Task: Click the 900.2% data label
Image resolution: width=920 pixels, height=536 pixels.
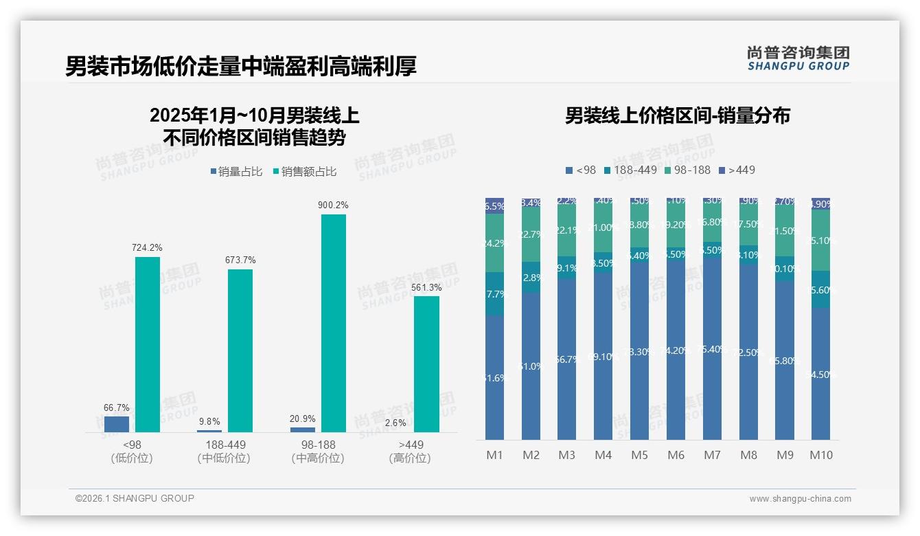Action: [x=333, y=205]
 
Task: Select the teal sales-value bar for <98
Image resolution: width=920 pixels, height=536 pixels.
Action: [x=147, y=344]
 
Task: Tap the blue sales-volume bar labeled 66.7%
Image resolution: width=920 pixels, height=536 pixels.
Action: [x=117, y=424]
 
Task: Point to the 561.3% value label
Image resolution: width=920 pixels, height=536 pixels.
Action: [x=426, y=287]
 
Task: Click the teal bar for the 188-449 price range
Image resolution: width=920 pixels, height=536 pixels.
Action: [x=240, y=350]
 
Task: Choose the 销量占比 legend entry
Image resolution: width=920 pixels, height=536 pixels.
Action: [x=236, y=172]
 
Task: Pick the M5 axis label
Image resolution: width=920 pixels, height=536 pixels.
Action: [x=639, y=455]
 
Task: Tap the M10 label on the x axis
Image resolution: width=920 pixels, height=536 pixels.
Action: [x=820, y=455]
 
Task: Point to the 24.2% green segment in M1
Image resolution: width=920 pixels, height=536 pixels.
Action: [x=494, y=243]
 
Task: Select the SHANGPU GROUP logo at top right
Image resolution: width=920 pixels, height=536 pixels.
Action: [x=798, y=58]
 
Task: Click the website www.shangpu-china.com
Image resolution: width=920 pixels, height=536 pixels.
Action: [x=800, y=499]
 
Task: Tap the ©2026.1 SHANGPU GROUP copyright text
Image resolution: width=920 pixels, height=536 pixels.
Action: [x=135, y=498]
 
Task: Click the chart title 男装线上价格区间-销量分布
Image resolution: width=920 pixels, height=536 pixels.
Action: [x=677, y=115]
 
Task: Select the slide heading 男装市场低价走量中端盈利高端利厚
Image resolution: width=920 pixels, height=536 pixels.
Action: [x=241, y=67]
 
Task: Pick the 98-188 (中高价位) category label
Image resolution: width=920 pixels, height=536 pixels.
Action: [x=317, y=451]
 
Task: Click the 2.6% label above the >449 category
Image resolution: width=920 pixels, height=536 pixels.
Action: [x=395, y=423]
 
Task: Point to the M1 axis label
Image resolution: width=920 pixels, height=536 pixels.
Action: [x=494, y=455]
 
